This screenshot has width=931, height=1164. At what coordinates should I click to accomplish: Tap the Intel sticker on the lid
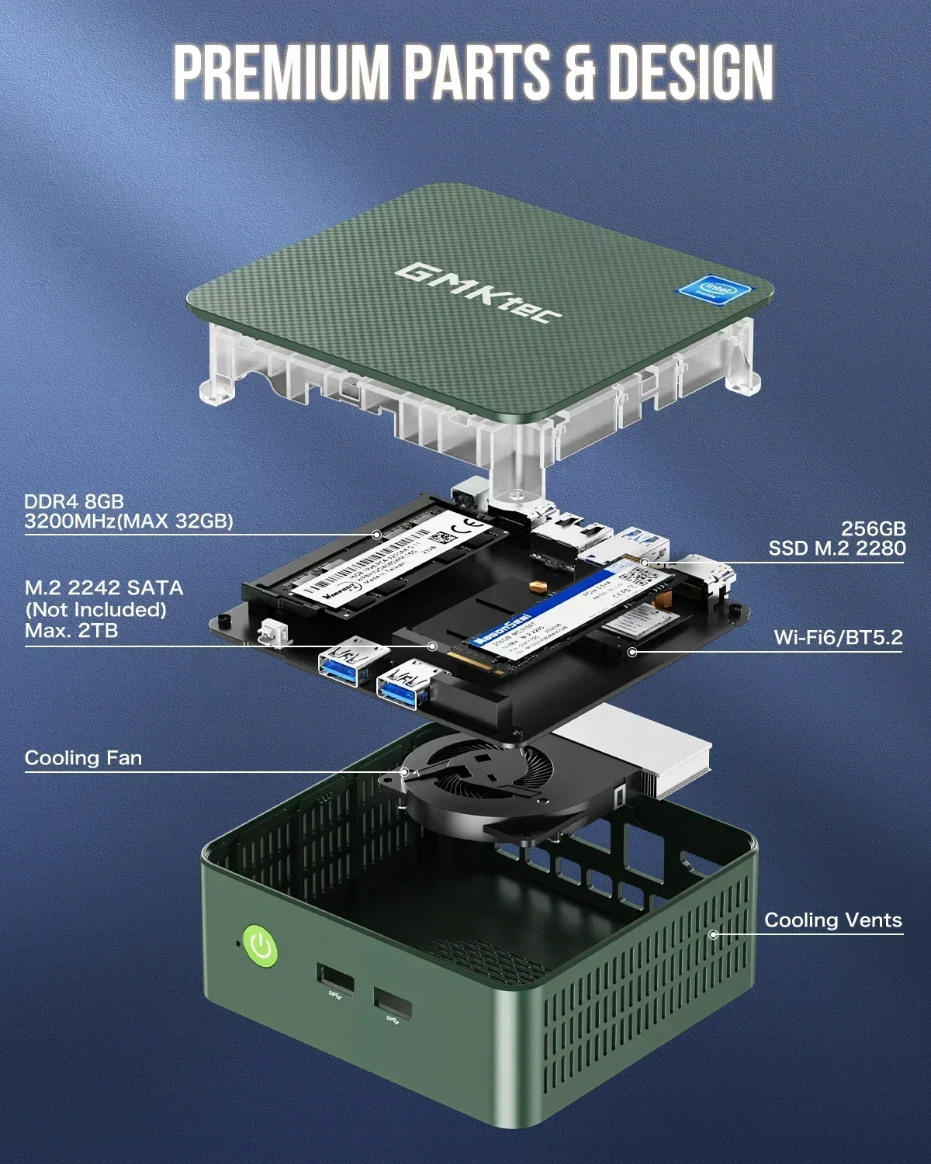coord(707,294)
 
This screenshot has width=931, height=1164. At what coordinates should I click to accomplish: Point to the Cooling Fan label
coord(83,758)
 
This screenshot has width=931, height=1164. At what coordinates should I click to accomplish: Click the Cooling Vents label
coord(832,920)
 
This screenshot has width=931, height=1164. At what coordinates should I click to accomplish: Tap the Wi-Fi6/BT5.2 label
coord(838,638)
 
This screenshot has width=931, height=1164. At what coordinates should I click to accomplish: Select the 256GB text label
coord(873,528)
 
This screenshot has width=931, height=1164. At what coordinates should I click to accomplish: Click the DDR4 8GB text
coord(74,502)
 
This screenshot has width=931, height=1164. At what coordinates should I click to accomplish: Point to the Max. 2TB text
coord(71,630)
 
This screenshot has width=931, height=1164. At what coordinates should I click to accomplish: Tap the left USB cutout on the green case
coord(334,979)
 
